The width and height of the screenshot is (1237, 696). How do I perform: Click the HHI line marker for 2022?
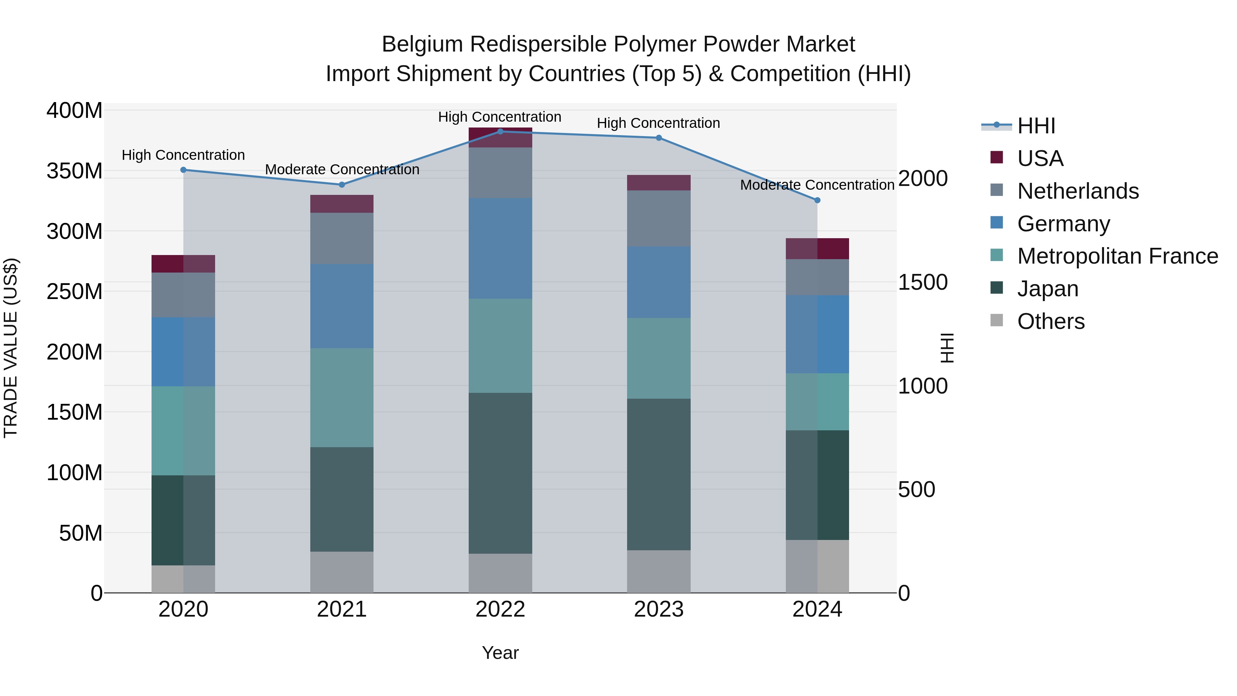point(500,132)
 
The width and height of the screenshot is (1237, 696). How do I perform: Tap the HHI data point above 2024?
point(817,200)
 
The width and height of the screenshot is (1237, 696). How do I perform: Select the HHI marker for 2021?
point(342,185)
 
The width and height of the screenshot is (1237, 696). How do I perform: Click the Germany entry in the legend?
point(1063,224)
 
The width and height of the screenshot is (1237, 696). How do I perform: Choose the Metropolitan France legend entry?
point(1117,256)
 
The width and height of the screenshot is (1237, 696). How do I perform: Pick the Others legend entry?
point(1051,322)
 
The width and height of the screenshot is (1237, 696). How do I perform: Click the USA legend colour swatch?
point(997,157)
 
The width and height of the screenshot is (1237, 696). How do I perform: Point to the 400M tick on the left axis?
point(75,111)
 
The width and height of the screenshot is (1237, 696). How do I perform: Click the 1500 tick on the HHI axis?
point(923,283)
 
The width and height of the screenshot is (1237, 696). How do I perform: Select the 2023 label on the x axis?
point(658,609)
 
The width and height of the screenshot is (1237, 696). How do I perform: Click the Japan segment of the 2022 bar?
point(500,473)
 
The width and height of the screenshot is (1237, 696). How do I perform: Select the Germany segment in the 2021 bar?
point(342,306)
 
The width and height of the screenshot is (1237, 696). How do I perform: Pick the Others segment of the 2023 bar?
point(658,572)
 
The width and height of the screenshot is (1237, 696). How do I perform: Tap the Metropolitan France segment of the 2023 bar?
point(658,358)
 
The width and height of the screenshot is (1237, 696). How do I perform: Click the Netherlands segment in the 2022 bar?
point(500,173)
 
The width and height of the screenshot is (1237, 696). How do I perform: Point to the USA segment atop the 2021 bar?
point(342,204)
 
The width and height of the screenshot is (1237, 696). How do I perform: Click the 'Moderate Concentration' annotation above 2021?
point(342,169)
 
